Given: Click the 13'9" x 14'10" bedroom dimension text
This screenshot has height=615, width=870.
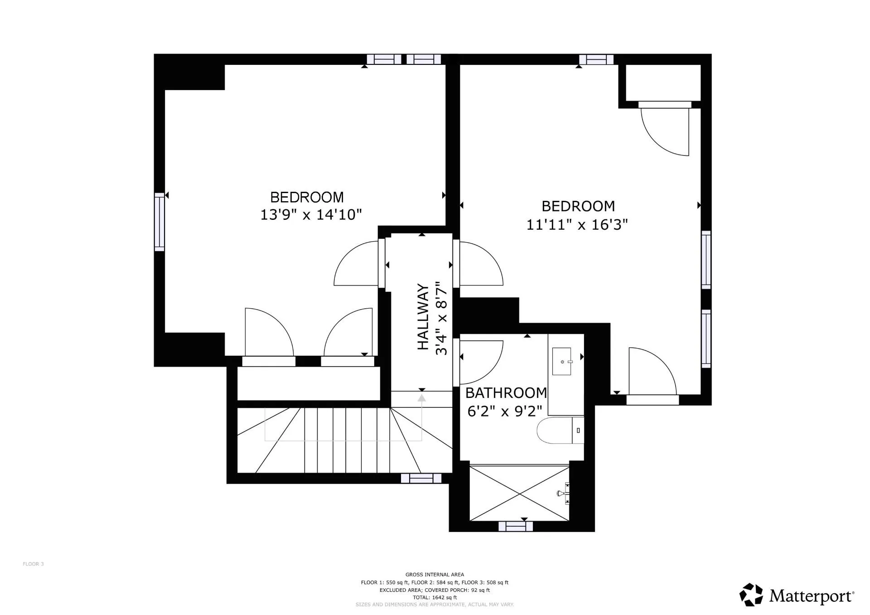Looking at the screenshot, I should click(311, 214).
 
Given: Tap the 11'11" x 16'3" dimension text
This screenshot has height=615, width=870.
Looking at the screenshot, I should click(577, 224).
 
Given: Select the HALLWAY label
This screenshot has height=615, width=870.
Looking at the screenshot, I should click(422, 317).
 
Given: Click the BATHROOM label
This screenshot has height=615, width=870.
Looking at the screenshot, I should click(506, 392).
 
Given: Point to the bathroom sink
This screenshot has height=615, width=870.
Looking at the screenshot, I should click(562, 361).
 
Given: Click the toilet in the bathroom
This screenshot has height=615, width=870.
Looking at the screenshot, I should click(560, 431).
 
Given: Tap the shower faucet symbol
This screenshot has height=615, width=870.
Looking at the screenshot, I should click(564, 494).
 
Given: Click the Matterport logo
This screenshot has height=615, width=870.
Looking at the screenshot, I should click(797, 595).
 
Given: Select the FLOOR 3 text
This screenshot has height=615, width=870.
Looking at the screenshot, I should click(33, 564).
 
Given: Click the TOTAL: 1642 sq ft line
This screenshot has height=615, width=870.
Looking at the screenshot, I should click(435, 597).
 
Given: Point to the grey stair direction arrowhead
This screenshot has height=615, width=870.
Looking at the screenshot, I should click(422, 398).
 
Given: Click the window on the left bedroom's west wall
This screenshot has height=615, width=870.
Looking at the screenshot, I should click(159, 222).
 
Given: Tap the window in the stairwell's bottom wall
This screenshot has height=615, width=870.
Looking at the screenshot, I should click(421, 478).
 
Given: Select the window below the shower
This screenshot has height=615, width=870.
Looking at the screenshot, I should click(516, 526).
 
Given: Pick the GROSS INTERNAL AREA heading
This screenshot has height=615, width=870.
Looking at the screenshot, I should click(435, 575).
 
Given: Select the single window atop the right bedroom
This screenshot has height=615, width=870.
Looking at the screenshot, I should click(596, 59).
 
